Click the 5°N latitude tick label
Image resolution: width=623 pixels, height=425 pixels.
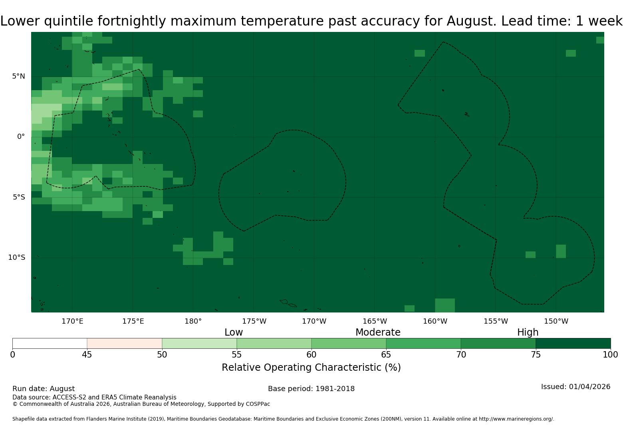pos(18,76)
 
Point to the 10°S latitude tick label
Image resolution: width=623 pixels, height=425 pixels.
pos(17,257)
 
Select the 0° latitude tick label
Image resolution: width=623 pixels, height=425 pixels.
pos(21,136)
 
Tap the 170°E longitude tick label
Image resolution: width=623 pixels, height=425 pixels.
pos(72,321)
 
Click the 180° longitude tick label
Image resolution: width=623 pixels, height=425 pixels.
pos(193,321)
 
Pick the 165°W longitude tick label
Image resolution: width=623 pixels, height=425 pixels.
pos(375,321)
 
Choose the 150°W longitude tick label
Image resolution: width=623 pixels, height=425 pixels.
pos(556,321)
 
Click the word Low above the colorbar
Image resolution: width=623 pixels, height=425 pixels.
pos(234,332)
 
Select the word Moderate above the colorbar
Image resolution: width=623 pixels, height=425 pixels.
pos(378,332)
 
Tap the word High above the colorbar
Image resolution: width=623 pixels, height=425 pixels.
pos(528,332)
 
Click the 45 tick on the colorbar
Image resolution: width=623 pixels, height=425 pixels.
pos(87,354)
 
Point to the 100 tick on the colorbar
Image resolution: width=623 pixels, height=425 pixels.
pos(610,354)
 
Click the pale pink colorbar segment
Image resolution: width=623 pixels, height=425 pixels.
pos(124,344)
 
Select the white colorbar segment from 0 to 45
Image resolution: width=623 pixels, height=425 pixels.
pos(50,344)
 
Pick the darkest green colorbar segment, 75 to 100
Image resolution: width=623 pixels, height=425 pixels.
pos(573,344)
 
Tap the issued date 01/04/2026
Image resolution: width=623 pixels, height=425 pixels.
pos(589,387)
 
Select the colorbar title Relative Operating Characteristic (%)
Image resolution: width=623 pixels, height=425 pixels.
pos(311,368)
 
